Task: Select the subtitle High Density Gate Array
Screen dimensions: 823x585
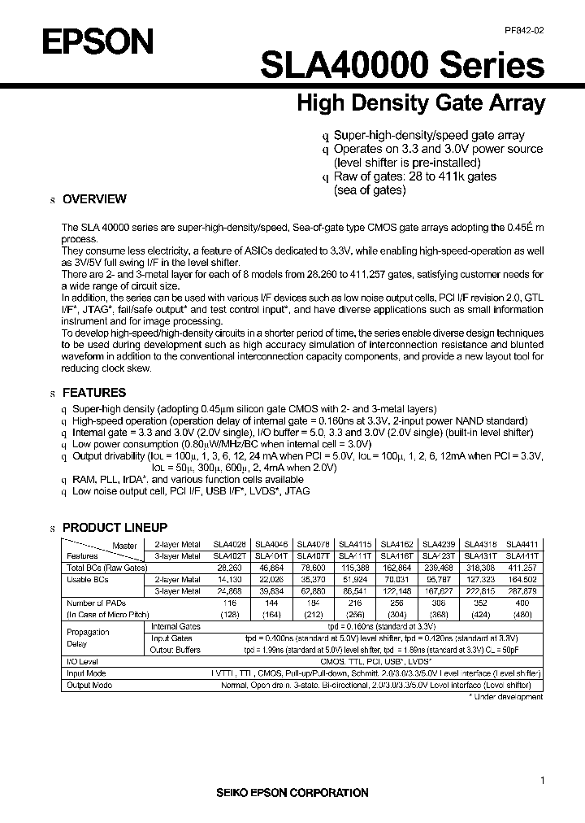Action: coord(420,103)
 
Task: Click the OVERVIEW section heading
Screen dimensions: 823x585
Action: coord(94,198)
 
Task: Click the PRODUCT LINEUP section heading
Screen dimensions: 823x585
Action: coord(115,527)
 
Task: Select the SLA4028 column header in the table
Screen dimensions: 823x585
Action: coord(228,544)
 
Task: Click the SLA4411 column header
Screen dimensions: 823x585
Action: coord(522,544)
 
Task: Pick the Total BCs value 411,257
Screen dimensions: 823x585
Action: coord(522,567)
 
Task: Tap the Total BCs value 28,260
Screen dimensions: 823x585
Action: coord(228,567)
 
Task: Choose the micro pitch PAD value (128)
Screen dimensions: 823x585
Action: coord(228,616)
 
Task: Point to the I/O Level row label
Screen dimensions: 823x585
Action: coord(81,662)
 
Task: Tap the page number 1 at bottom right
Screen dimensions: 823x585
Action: coord(542,782)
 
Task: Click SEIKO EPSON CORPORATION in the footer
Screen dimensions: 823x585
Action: coord(292,792)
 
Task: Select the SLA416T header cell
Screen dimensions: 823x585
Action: coord(396,555)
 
